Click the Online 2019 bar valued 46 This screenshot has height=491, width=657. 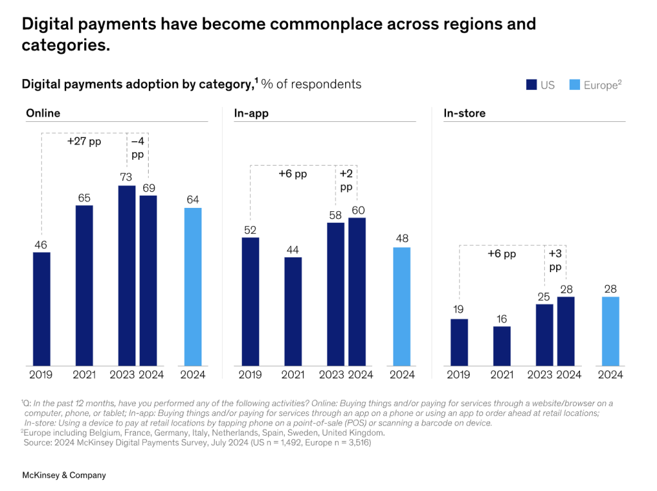(41, 309)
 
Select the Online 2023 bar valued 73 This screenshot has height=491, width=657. (126, 276)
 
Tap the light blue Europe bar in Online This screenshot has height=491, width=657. (192, 287)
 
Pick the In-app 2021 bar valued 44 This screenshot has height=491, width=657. (293, 311)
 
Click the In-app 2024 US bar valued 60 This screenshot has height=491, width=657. (357, 292)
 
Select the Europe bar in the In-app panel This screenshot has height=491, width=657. (402, 307)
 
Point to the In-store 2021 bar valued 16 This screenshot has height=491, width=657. (502, 346)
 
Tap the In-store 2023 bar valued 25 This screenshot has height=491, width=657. (544, 335)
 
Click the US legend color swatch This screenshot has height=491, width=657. (531, 85)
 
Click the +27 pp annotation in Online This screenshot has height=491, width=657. (84, 141)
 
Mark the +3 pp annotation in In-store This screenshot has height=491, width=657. (555, 259)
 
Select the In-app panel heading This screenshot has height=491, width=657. (251, 113)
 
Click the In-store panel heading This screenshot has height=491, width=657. (465, 113)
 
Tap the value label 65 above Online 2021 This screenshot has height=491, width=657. (84, 198)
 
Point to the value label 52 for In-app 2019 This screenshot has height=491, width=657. (250, 230)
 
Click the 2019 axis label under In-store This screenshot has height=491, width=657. (459, 375)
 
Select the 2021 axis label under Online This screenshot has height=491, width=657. (84, 375)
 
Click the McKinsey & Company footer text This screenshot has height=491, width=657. (64, 475)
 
